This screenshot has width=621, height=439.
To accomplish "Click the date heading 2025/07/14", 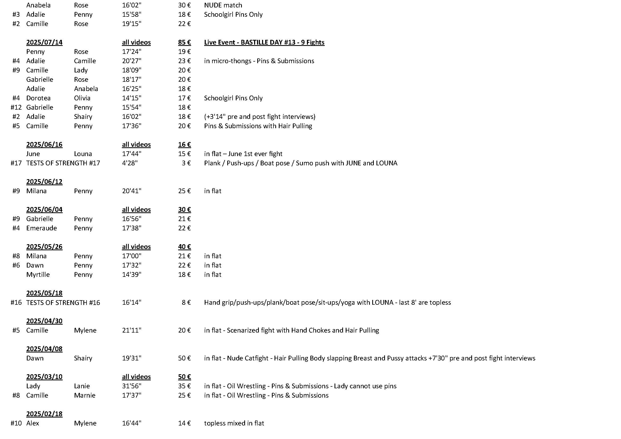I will (x=44, y=42).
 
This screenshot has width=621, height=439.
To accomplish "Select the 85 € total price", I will (x=185, y=42).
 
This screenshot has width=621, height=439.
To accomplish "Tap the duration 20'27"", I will (x=131, y=61).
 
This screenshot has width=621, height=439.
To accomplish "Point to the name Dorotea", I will (x=38, y=98).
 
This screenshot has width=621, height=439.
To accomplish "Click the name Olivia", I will (x=82, y=98).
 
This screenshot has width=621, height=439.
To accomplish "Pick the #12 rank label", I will (x=16, y=107).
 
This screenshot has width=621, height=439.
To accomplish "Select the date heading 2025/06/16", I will (x=44, y=145).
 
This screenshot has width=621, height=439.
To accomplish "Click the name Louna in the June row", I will (x=83, y=154).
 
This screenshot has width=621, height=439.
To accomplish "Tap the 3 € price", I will (x=186, y=163).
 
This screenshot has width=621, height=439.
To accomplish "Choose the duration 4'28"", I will (x=130, y=163).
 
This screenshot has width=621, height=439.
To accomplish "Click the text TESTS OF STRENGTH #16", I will (x=63, y=303).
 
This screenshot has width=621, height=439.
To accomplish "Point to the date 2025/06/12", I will (x=44, y=182).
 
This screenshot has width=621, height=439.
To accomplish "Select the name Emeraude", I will (x=42, y=228).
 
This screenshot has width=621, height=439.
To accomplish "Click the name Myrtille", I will (x=38, y=275).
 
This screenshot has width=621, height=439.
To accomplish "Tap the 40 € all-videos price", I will (x=185, y=247).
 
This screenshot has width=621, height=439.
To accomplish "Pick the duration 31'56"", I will (x=131, y=386).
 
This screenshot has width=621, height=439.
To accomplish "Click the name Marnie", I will (x=85, y=395).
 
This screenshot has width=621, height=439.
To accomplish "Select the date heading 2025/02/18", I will (x=44, y=414).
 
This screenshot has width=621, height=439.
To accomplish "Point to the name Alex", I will (x=32, y=423).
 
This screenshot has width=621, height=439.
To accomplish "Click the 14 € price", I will (x=185, y=423).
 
